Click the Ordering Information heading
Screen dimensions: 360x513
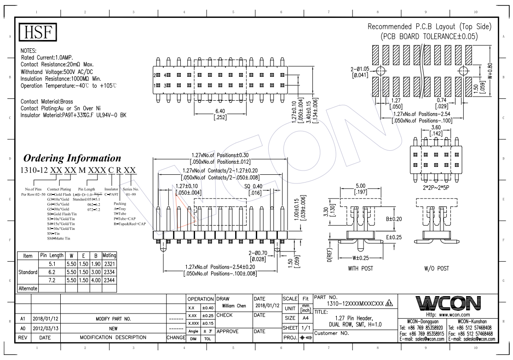point(72,158)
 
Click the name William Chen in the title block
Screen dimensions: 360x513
point(234,305)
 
